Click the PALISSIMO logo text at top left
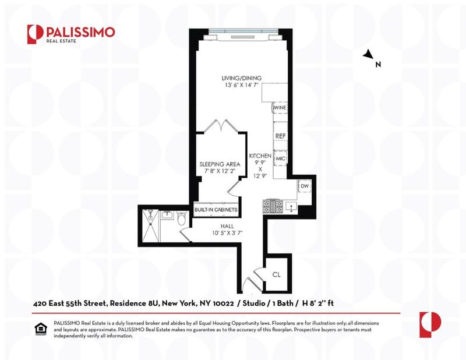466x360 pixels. click(x=80, y=32)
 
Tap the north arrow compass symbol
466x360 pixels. click(x=369, y=54)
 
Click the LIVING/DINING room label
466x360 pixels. click(x=242, y=78)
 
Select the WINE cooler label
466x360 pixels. click(x=280, y=108)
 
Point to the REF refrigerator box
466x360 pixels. click(x=280, y=136)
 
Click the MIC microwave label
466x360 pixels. click(x=281, y=159)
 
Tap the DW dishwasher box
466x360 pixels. click(x=304, y=186)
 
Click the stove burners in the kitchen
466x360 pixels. click(x=273, y=206)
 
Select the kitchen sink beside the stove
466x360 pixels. click(x=291, y=206)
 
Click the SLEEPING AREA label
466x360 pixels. click(x=220, y=164)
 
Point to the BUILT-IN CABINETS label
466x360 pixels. click(x=216, y=210)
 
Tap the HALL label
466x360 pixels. click(x=227, y=226)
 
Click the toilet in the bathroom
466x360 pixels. click(x=181, y=219)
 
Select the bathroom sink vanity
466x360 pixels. click(x=167, y=215)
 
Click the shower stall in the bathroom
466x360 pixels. click(x=151, y=225)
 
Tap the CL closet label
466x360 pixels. click(x=276, y=275)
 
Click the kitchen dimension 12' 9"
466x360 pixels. click(x=260, y=176)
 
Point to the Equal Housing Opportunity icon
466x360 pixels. click(x=41, y=329)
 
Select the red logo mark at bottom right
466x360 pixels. click(x=430, y=324)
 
